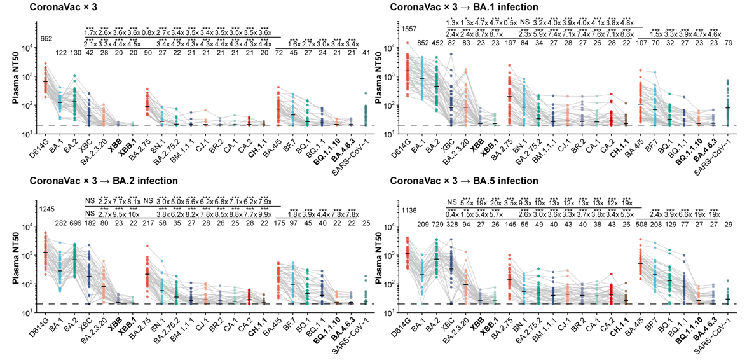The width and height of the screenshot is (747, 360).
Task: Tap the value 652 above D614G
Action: pyautogui.click(x=47, y=39)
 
